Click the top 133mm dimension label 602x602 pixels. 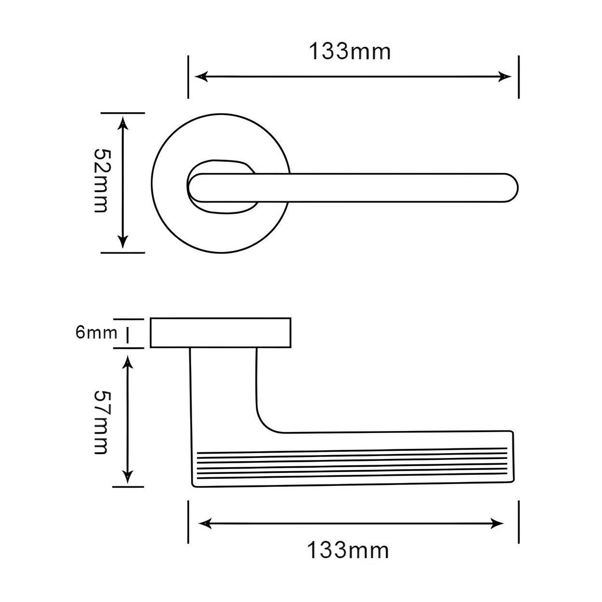point(350,52)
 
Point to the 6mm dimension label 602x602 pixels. point(96,333)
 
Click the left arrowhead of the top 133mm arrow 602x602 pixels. point(201,77)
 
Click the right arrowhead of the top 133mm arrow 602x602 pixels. point(505,77)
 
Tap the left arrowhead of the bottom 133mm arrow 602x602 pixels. point(205,523)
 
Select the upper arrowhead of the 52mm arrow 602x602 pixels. point(123,123)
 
